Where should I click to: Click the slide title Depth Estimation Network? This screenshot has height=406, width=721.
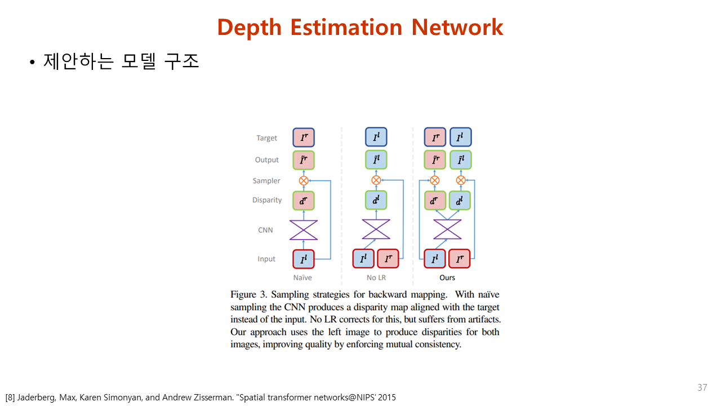(x=360, y=27)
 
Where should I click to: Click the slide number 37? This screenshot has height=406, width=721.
(x=702, y=387)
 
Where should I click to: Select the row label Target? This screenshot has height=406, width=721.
(x=266, y=138)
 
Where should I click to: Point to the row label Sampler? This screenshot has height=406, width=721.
(x=266, y=181)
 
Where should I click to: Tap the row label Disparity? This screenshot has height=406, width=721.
(x=266, y=200)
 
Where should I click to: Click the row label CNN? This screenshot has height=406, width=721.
(x=265, y=230)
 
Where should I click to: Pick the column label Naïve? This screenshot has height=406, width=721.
(x=302, y=277)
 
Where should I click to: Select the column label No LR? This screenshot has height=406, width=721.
(x=376, y=277)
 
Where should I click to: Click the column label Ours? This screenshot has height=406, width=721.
(x=447, y=277)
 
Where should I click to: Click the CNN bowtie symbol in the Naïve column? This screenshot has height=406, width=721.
(x=304, y=230)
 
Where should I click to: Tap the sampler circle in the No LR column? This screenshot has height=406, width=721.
(x=376, y=180)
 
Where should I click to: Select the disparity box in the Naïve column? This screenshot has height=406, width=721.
(x=304, y=200)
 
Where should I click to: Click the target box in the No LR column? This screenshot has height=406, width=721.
(x=376, y=138)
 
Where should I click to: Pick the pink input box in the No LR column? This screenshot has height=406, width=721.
(x=388, y=259)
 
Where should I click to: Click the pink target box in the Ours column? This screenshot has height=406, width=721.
(x=435, y=138)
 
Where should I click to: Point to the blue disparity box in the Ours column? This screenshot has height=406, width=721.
(x=460, y=200)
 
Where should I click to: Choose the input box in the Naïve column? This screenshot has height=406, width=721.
(x=304, y=259)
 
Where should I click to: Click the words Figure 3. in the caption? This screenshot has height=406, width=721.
(x=247, y=295)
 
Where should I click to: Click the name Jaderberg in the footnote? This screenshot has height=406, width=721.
(x=35, y=398)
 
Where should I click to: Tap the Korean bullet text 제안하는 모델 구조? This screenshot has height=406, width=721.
(x=121, y=61)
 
